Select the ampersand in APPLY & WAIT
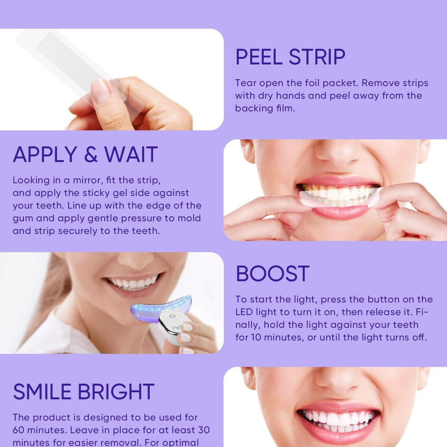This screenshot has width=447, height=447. point(90,155)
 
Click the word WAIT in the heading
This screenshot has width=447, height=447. point(131,155)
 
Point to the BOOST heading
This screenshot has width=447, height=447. point(272,274)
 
